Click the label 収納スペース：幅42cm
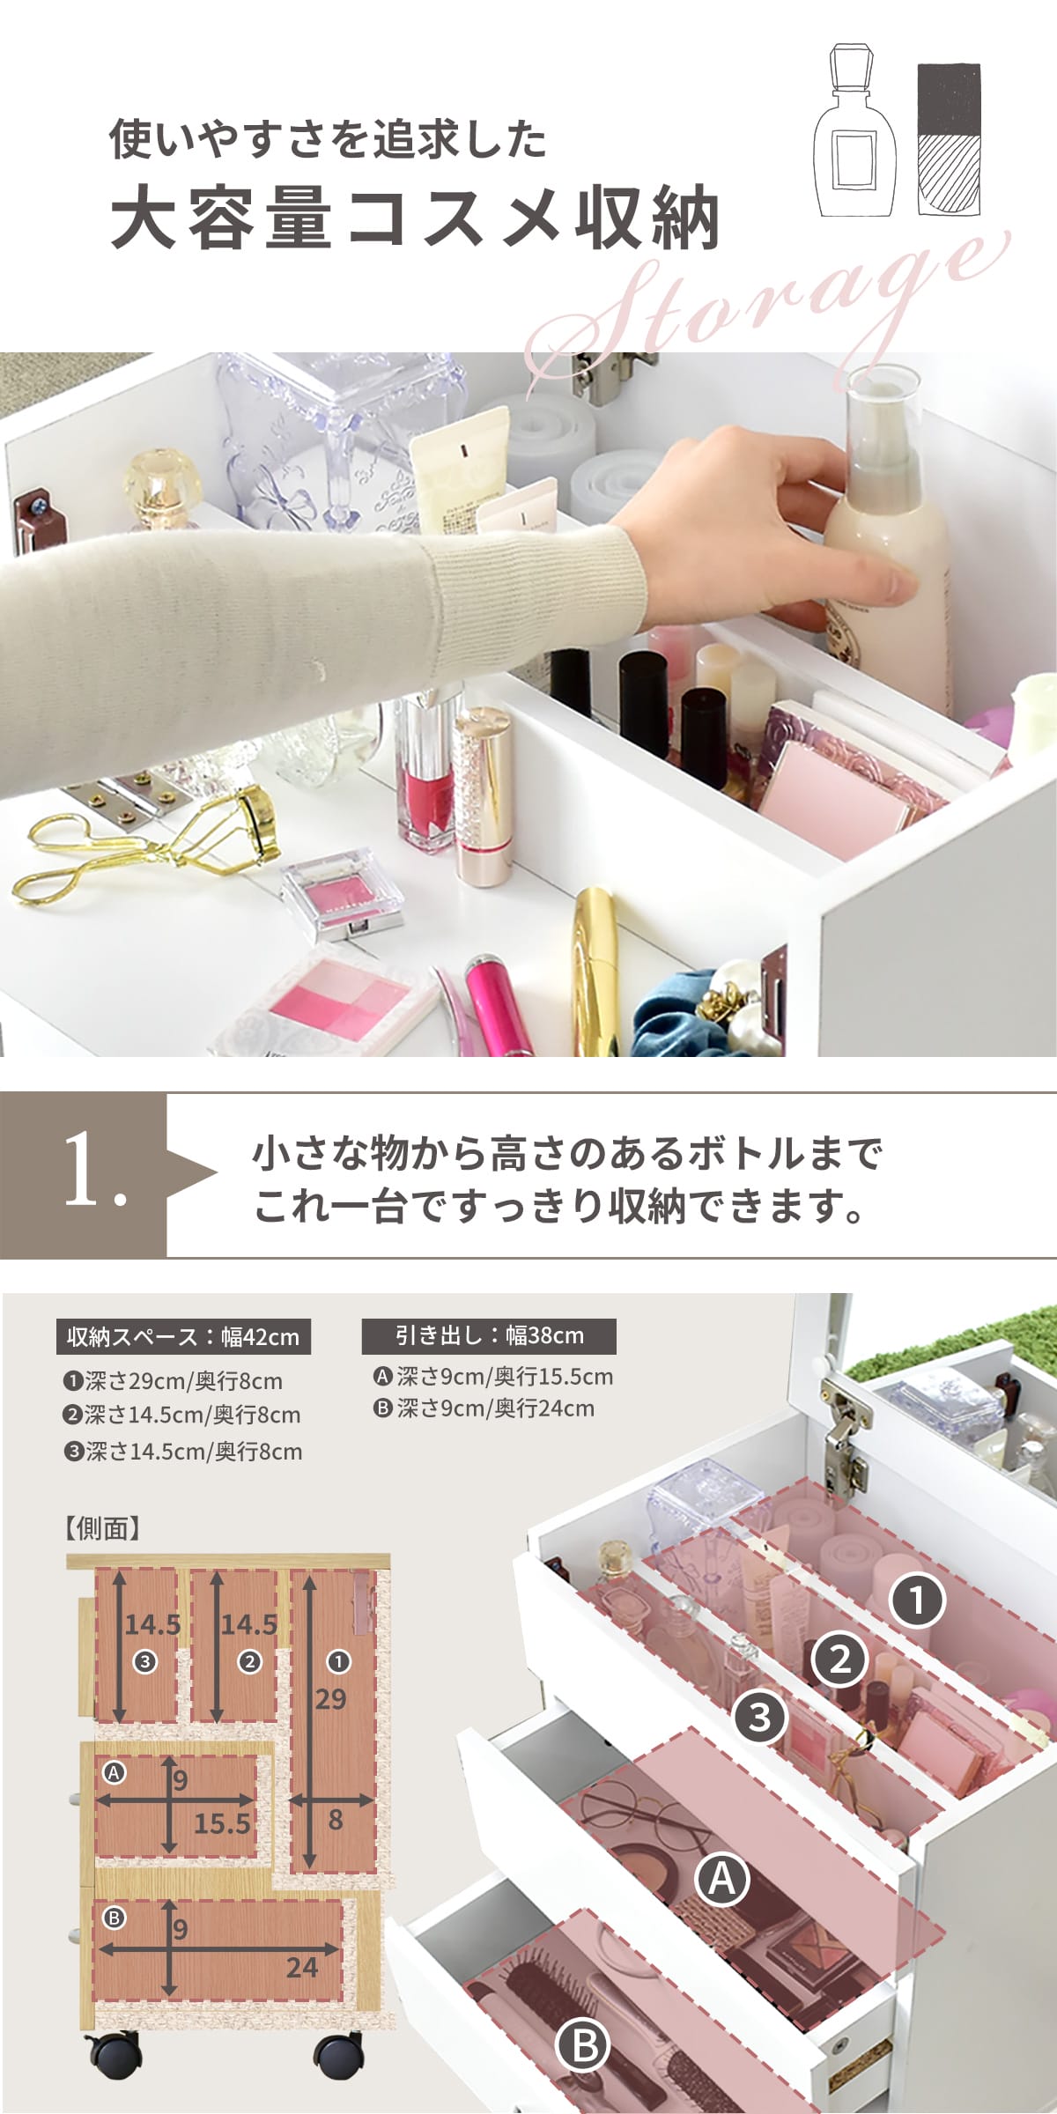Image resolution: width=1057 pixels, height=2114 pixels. (x=183, y=1336)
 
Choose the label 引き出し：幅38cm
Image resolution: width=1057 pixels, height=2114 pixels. (x=489, y=1335)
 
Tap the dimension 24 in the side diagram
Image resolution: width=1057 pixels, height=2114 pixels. (x=301, y=1966)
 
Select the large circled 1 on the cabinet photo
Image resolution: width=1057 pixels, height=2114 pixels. (x=917, y=1600)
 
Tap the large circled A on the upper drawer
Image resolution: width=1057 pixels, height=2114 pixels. (x=722, y=1881)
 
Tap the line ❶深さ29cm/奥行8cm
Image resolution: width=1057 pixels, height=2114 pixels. (x=173, y=1380)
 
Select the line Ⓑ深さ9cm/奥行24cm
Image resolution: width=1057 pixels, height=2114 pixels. (x=484, y=1408)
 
